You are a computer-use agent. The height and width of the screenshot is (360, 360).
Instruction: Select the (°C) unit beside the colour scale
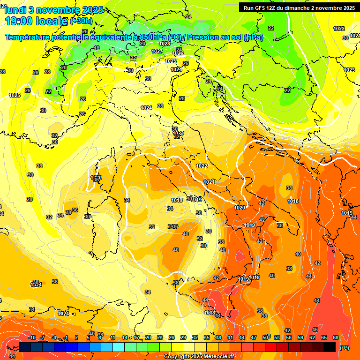345,348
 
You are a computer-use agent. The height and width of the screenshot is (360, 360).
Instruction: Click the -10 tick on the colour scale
32,337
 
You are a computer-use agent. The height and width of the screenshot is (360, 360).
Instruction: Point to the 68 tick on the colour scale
336,337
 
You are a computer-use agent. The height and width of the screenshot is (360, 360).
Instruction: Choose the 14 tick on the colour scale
125,337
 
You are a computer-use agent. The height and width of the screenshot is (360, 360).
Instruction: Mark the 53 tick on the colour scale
277,337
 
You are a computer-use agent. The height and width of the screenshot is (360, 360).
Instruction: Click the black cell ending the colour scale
330,347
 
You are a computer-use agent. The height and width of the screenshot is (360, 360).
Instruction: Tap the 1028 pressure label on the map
164,44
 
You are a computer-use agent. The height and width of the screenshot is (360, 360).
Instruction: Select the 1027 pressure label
157,51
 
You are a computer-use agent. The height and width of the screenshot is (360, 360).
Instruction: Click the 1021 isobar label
209,182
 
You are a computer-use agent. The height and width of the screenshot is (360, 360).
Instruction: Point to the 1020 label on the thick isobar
240,208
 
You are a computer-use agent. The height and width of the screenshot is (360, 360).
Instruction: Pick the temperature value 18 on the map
97,48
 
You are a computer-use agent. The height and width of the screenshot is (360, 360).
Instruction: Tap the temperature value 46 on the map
315,330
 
